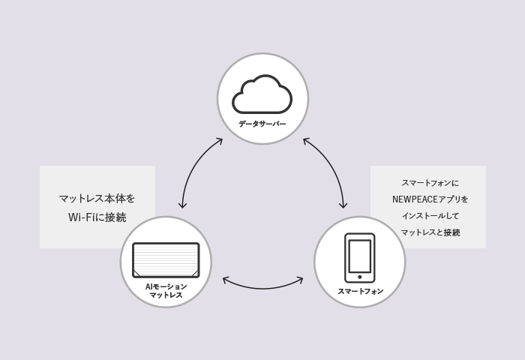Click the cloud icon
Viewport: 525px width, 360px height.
[x=262, y=94]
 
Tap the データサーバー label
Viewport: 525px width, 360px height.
[x=262, y=124]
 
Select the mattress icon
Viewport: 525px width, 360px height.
[x=166, y=260]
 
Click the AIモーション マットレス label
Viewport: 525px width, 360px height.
[x=166, y=291]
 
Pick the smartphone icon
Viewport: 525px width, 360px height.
[x=359, y=257]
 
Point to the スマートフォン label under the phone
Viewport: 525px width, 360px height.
[x=360, y=291]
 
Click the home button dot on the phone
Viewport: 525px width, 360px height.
[x=359, y=277]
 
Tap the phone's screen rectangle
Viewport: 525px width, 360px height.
[x=359, y=256]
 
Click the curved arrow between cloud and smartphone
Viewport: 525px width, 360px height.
[x=334, y=168]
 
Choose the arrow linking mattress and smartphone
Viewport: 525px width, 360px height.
[x=262, y=286]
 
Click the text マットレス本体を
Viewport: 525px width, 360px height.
[x=97, y=199]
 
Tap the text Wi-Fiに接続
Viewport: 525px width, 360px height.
[x=97, y=217]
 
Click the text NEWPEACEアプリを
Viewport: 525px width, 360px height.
[x=430, y=199]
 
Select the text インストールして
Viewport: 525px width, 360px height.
[x=430, y=216]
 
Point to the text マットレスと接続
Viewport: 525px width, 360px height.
[x=430, y=232]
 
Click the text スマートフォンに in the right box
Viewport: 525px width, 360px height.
[x=430, y=183]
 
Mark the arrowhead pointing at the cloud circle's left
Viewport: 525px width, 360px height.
[x=219, y=140]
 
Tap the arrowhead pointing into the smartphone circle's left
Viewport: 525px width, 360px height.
[x=300, y=280]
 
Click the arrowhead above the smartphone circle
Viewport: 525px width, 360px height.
[x=343, y=205]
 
